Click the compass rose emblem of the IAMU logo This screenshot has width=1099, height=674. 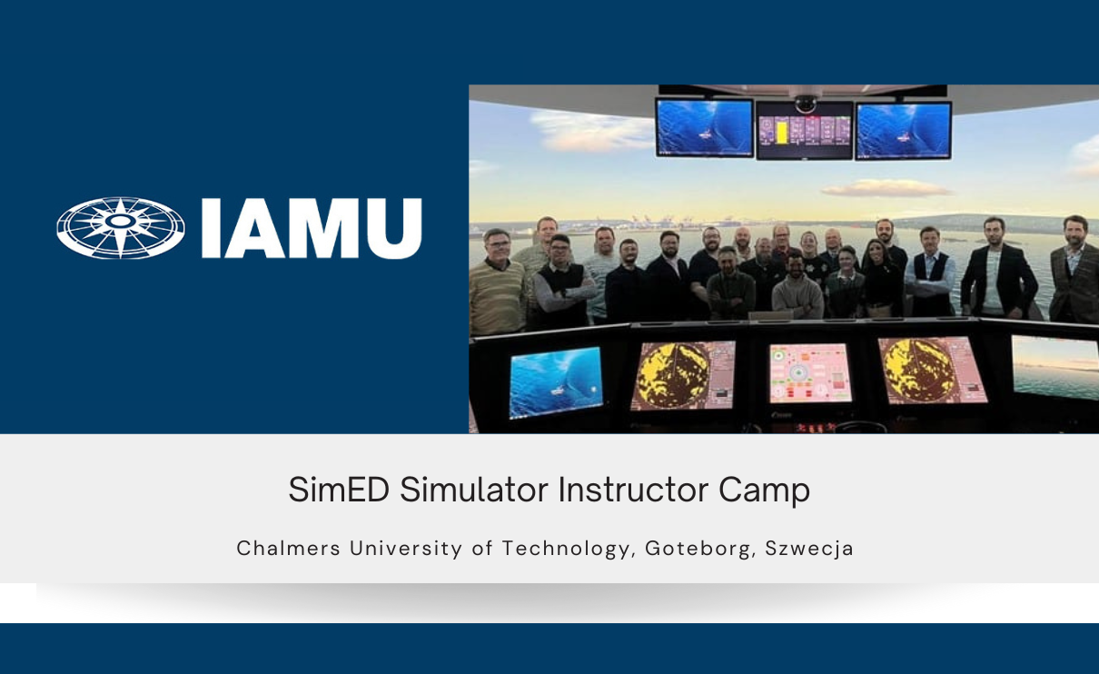(121, 228)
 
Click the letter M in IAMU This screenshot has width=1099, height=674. (318, 228)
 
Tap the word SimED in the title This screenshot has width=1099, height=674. (338, 491)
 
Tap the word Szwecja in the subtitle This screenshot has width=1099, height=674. (809, 549)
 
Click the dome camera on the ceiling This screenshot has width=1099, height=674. (805, 104)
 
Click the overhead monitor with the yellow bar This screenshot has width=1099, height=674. (804, 130)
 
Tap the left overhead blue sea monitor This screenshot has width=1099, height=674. (704, 127)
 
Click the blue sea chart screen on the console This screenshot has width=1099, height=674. (555, 380)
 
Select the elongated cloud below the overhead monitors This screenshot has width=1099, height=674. (886, 188)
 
